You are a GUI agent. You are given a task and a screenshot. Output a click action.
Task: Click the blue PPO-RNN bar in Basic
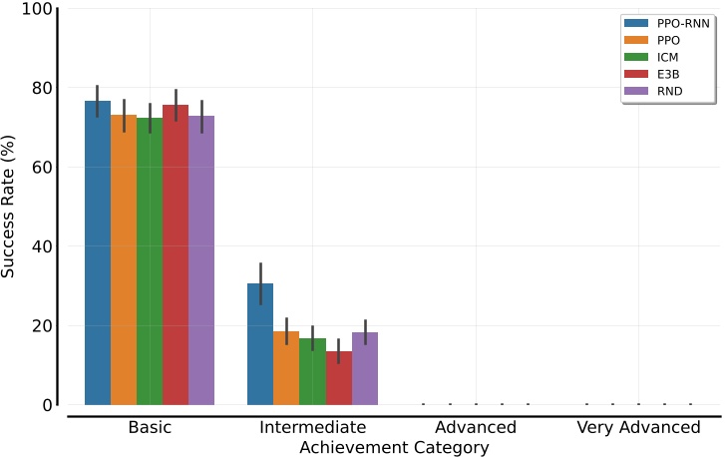(98, 253)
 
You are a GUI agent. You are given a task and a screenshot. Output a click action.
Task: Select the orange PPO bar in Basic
(124, 260)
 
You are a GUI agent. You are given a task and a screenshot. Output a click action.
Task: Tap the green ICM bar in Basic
(150, 261)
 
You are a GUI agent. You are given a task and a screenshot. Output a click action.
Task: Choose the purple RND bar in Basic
(201, 260)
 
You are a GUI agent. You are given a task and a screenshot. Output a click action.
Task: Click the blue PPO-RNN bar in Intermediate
(260, 344)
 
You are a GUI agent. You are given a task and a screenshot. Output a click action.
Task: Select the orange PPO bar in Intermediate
(286, 368)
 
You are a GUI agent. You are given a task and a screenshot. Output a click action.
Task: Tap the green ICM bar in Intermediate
(312, 371)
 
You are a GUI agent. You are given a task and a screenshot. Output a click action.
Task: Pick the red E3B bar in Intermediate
(339, 378)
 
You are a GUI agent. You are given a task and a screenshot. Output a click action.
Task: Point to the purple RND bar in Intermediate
(365, 369)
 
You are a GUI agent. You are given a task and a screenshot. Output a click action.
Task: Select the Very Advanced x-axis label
(638, 427)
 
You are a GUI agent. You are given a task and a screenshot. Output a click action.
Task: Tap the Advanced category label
(476, 427)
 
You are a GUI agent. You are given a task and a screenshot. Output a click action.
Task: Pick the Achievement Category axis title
(394, 448)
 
